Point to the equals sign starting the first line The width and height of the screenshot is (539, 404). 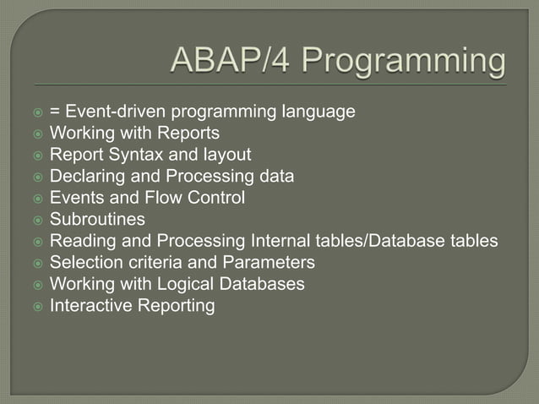point(55,112)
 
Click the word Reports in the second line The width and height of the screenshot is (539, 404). point(191,134)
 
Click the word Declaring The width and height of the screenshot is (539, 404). point(85,177)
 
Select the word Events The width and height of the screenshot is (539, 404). point(75,199)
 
